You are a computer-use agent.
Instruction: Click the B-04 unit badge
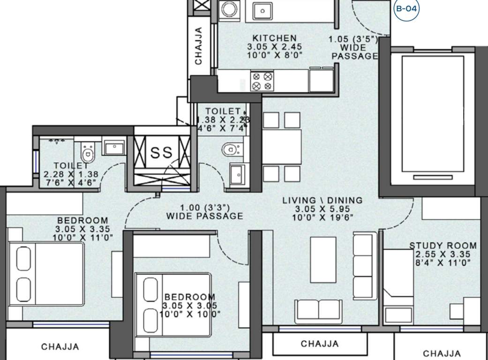406,8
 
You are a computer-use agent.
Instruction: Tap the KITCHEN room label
274,38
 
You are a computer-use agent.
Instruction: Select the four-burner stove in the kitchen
262,81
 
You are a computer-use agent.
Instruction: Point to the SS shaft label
162,152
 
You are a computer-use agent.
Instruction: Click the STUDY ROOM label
443,246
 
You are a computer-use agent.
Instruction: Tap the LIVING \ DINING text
322,201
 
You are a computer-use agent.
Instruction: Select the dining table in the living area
281,146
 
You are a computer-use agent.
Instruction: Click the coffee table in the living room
323,259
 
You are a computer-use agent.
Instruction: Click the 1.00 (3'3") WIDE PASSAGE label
205,212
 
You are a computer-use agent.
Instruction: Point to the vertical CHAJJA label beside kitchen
199,45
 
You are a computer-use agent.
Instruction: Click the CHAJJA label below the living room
320,344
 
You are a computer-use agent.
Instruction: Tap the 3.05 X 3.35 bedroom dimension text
83,229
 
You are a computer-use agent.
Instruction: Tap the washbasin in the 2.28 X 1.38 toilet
113,148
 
